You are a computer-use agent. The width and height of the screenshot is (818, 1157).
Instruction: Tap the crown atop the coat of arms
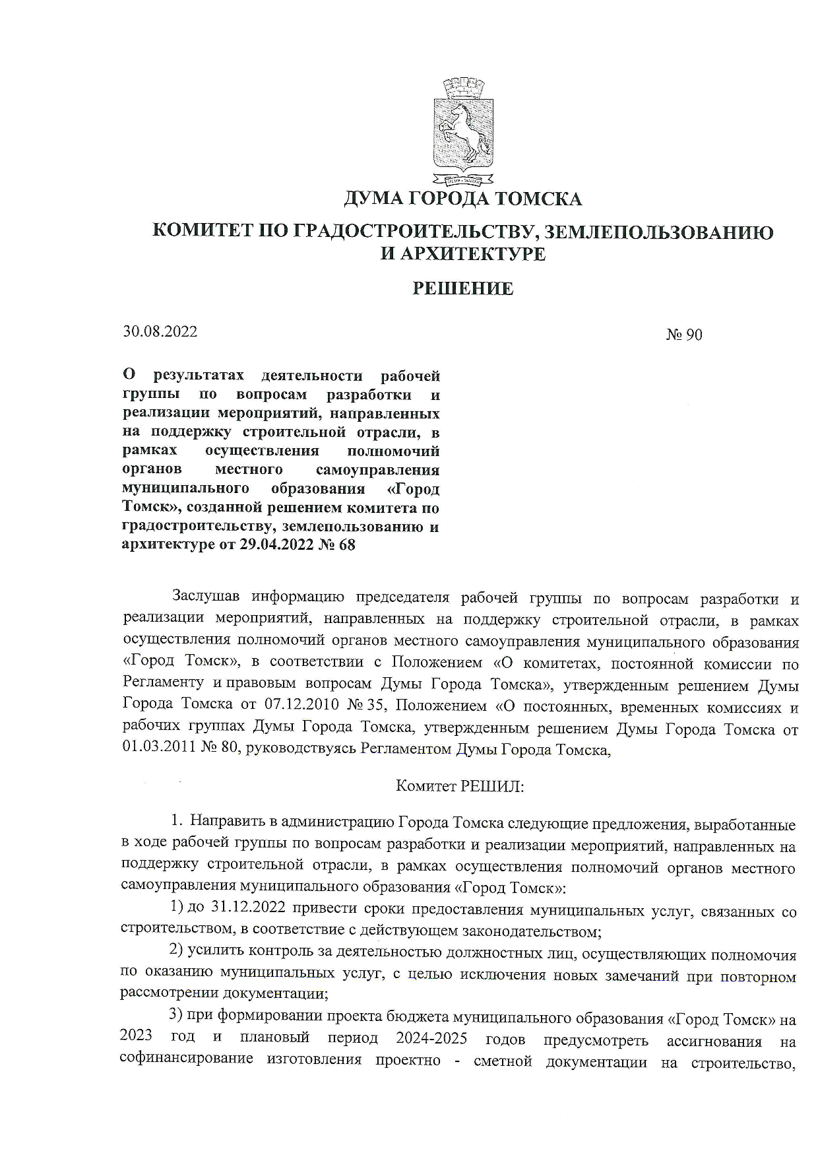tap(463, 88)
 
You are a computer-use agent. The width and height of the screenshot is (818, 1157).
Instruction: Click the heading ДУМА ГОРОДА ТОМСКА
tap(462, 198)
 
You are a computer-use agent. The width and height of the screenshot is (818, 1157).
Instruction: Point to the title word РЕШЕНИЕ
tap(462, 288)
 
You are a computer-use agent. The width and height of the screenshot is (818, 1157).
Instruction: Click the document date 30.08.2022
tap(160, 331)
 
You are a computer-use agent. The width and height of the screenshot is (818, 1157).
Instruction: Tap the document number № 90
tap(684, 335)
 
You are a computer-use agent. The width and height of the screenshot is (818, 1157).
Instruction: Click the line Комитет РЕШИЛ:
tap(460, 786)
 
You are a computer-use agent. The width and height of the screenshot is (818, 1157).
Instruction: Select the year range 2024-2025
tap(431, 1038)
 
